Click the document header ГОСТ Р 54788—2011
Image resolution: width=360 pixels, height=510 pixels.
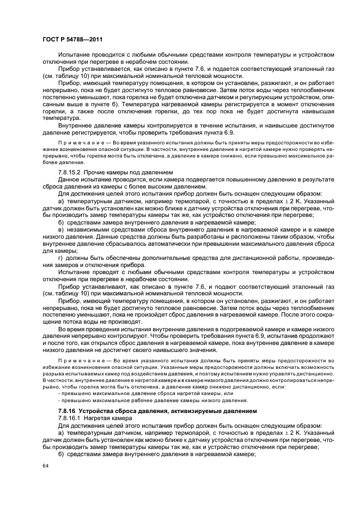pos(72,39)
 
